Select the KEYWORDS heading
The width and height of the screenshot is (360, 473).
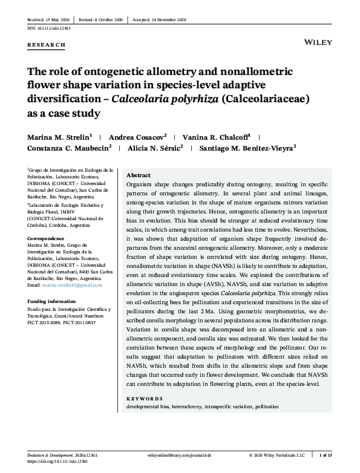tap(145, 399)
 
